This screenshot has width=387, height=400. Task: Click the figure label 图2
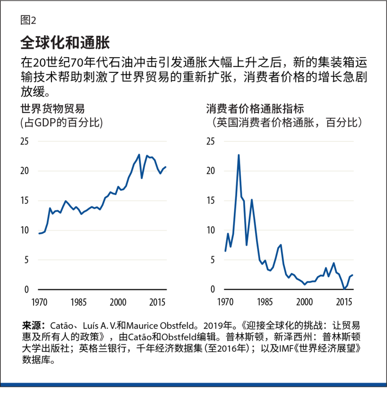[29, 20]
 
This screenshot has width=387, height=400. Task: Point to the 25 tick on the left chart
[24, 141]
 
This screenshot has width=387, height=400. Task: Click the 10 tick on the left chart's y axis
[24, 230]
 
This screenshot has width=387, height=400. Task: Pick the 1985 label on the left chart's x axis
[79, 302]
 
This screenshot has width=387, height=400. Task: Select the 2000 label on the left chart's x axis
[118, 302]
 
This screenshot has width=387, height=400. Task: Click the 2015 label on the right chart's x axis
[344, 302]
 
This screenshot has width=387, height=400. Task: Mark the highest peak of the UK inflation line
[238, 155]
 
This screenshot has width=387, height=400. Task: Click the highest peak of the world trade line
[139, 155]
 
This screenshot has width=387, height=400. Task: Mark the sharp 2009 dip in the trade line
[142, 178]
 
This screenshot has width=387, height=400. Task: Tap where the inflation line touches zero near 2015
[344, 289]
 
